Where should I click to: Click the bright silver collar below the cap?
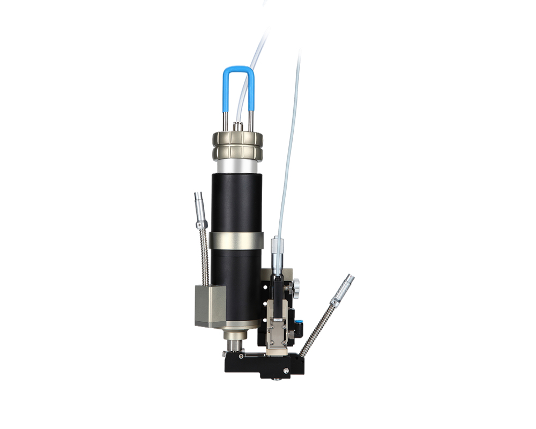(236, 166)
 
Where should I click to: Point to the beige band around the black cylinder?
(236, 240)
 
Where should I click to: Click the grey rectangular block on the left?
(207, 306)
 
